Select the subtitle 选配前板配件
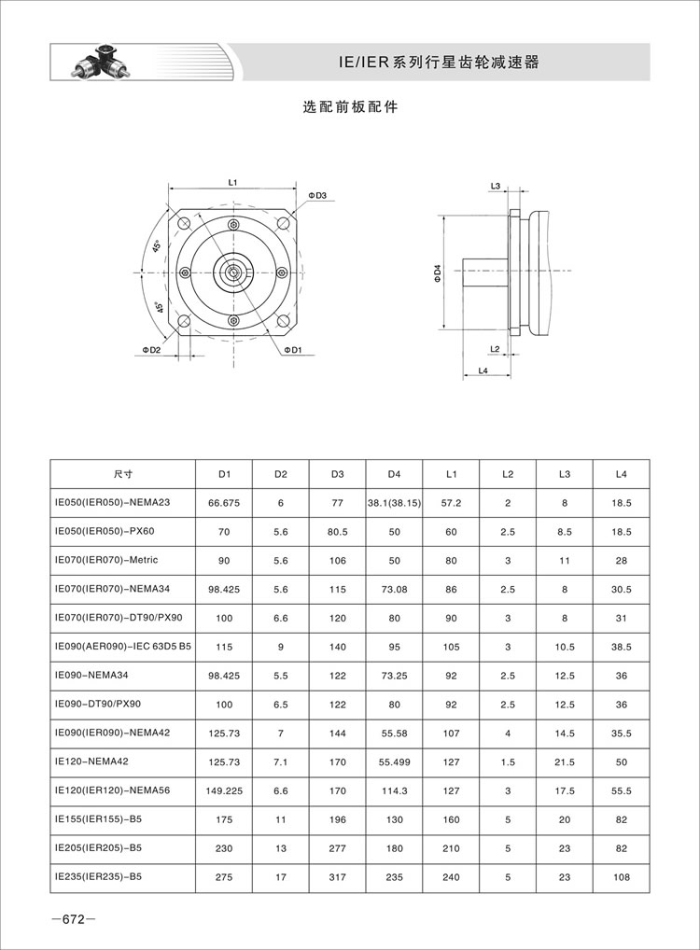click(350, 107)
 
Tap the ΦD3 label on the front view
click(317, 195)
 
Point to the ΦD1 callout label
click(294, 351)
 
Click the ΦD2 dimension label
click(152, 350)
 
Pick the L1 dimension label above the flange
click(233, 182)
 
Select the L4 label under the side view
click(483, 371)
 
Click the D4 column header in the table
click(394, 474)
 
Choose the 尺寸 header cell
click(122, 474)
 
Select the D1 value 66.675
click(224, 503)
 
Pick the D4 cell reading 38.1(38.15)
click(394, 503)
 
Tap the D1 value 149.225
click(224, 790)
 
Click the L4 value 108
click(622, 877)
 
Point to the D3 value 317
click(337, 877)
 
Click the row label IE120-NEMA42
click(95, 761)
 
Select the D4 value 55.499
click(394, 761)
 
